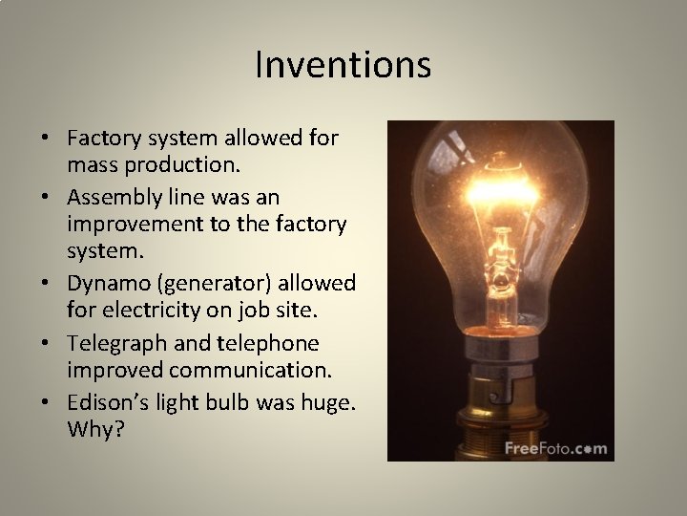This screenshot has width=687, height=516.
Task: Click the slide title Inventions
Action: click(343, 65)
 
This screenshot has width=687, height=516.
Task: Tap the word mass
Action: click(92, 163)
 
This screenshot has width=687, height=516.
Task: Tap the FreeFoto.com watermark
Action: click(555, 446)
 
